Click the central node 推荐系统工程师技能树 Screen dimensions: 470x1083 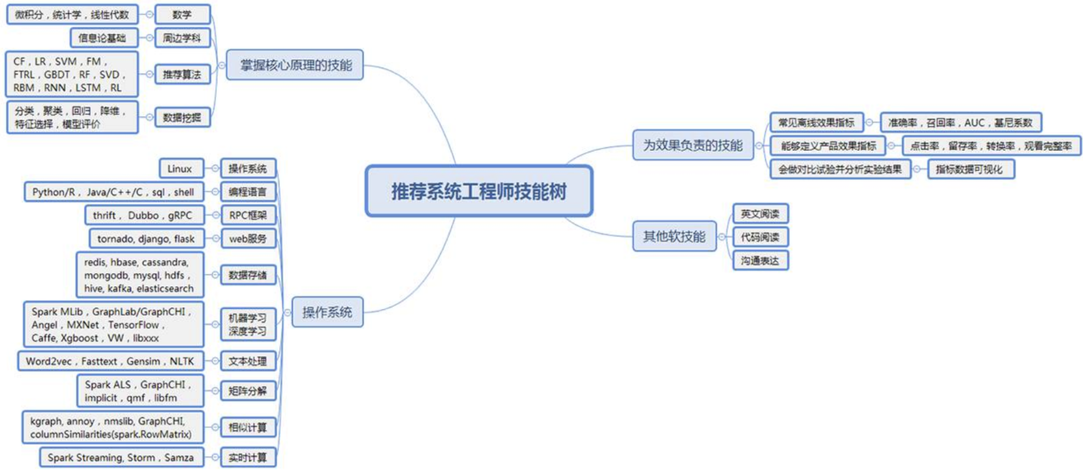click(478, 191)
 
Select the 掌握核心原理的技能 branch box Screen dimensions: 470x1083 click(295, 65)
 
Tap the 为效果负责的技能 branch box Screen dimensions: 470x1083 click(693, 145)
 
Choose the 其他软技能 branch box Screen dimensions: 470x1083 click(674, 236)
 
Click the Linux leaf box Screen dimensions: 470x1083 click(181, 168)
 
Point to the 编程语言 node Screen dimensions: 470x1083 click(248, 192)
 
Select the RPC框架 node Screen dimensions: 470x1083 click(248, 215)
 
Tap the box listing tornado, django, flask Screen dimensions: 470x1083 click(146, 239)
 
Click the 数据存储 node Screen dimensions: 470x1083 click(248, 275)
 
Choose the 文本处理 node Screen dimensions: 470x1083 click(248, 361)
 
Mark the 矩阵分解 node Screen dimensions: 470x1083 click(248, 391)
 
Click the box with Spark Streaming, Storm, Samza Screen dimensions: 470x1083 click(121, 458)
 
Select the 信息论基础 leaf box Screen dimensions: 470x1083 click(103, 38)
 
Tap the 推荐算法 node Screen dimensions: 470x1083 click(182, 75)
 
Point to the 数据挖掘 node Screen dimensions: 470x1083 click(182, 117)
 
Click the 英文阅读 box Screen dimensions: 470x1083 click(760, 214)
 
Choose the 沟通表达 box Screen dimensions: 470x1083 click(760, 261)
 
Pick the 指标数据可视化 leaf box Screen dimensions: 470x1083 click(970, 169)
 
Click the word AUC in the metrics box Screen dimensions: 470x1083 click(975, 123)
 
